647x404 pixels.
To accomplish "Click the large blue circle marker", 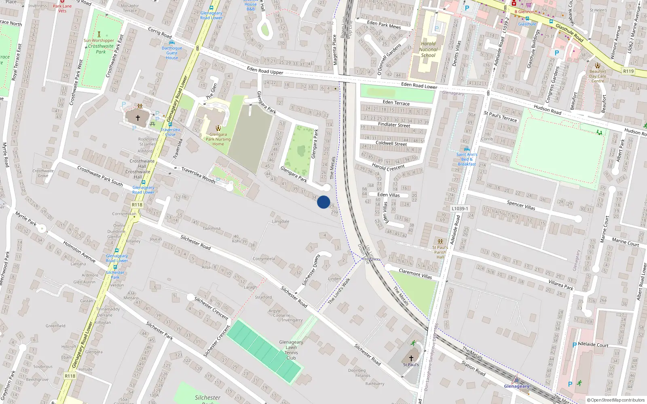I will pyautogui.click(x=323, y=202).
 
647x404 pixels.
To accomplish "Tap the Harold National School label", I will pyautogui.click(x=428, y=49).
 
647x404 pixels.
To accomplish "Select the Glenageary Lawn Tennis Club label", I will pyautogui.click(x=291, y=350).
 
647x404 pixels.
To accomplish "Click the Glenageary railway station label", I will pyautogui.click(x=516, y=386).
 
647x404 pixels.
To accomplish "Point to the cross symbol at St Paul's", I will pyautogui.click(x=411, y=358).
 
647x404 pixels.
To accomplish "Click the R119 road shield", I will pyautogui.click(x=628, y=71).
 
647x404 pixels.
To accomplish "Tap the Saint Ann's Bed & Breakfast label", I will pyautogui.click(x=467, y=159).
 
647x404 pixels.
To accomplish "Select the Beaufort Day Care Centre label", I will pyautogui.click(x=597, y=76).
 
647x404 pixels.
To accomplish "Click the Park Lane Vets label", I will pyautogui.click(x=62, y=8).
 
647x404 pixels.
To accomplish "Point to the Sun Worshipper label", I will pyautogui.click(x=99, y=40).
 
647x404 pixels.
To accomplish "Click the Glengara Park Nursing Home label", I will pyautogui.click(x=218, y=139).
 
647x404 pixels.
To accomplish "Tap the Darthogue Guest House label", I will pyautogui.click(x=172, y=53).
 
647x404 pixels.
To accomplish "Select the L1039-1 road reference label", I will pyautogui.click(x=460, y=209).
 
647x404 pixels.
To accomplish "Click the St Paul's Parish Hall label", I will pyautogui.click(x=440, y=252).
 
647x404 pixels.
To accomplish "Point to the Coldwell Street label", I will pyautogui.click(x=391, y=143).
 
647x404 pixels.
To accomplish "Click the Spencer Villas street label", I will pyautogui.click(x=521, y=205).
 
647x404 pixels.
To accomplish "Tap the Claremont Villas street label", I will pyautogui.click(x=415, y=274).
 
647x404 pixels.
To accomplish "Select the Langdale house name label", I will pyautogui.click(x=281, y=221).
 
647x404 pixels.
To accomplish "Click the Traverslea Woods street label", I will pyautogui.click(x=198, y=175).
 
